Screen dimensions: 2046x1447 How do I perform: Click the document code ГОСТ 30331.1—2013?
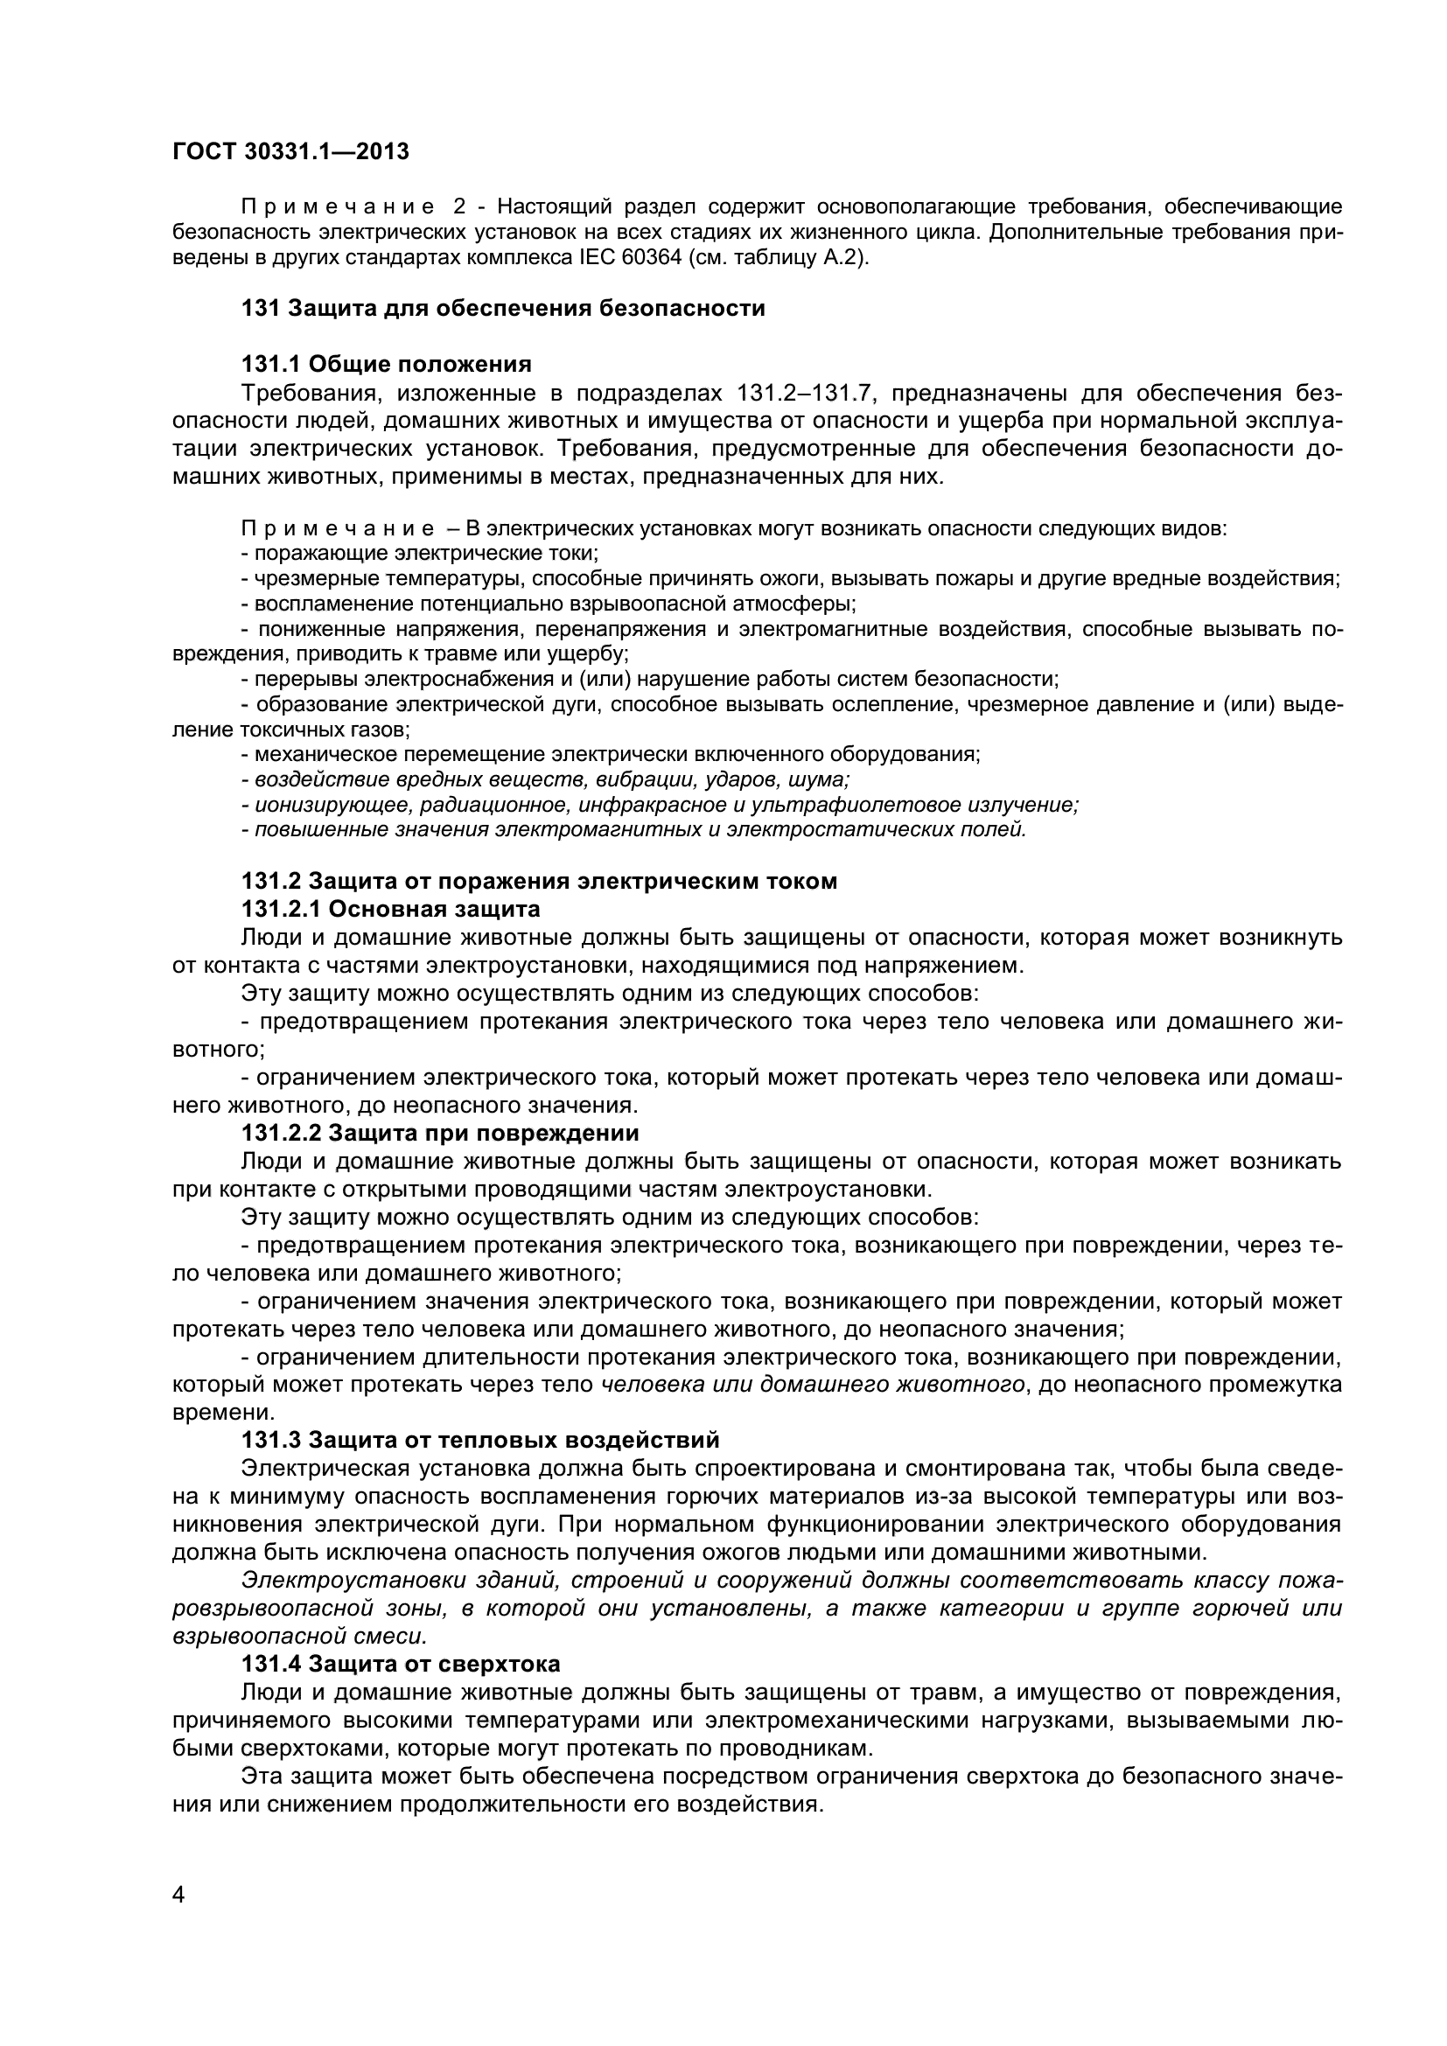(x=290, y=151)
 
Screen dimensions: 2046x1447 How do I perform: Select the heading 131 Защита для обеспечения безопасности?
(x=502, y=308)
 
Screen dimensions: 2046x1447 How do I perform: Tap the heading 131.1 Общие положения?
(x=387, y=364)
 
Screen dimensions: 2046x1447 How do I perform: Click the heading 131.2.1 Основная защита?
(x=390, y=909)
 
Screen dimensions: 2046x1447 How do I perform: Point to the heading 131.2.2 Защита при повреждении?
(x=440, y=1134)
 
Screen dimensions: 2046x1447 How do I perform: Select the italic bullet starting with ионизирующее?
(x=660, y=806)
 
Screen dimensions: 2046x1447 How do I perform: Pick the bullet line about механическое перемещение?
(x=611, y=755)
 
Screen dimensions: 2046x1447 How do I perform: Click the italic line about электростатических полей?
(x=633, y=830)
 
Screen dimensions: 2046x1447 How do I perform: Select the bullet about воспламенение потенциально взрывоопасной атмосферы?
(x=548, y=604)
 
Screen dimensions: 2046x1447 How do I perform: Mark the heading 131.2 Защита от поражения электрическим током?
(x=539, y=882)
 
